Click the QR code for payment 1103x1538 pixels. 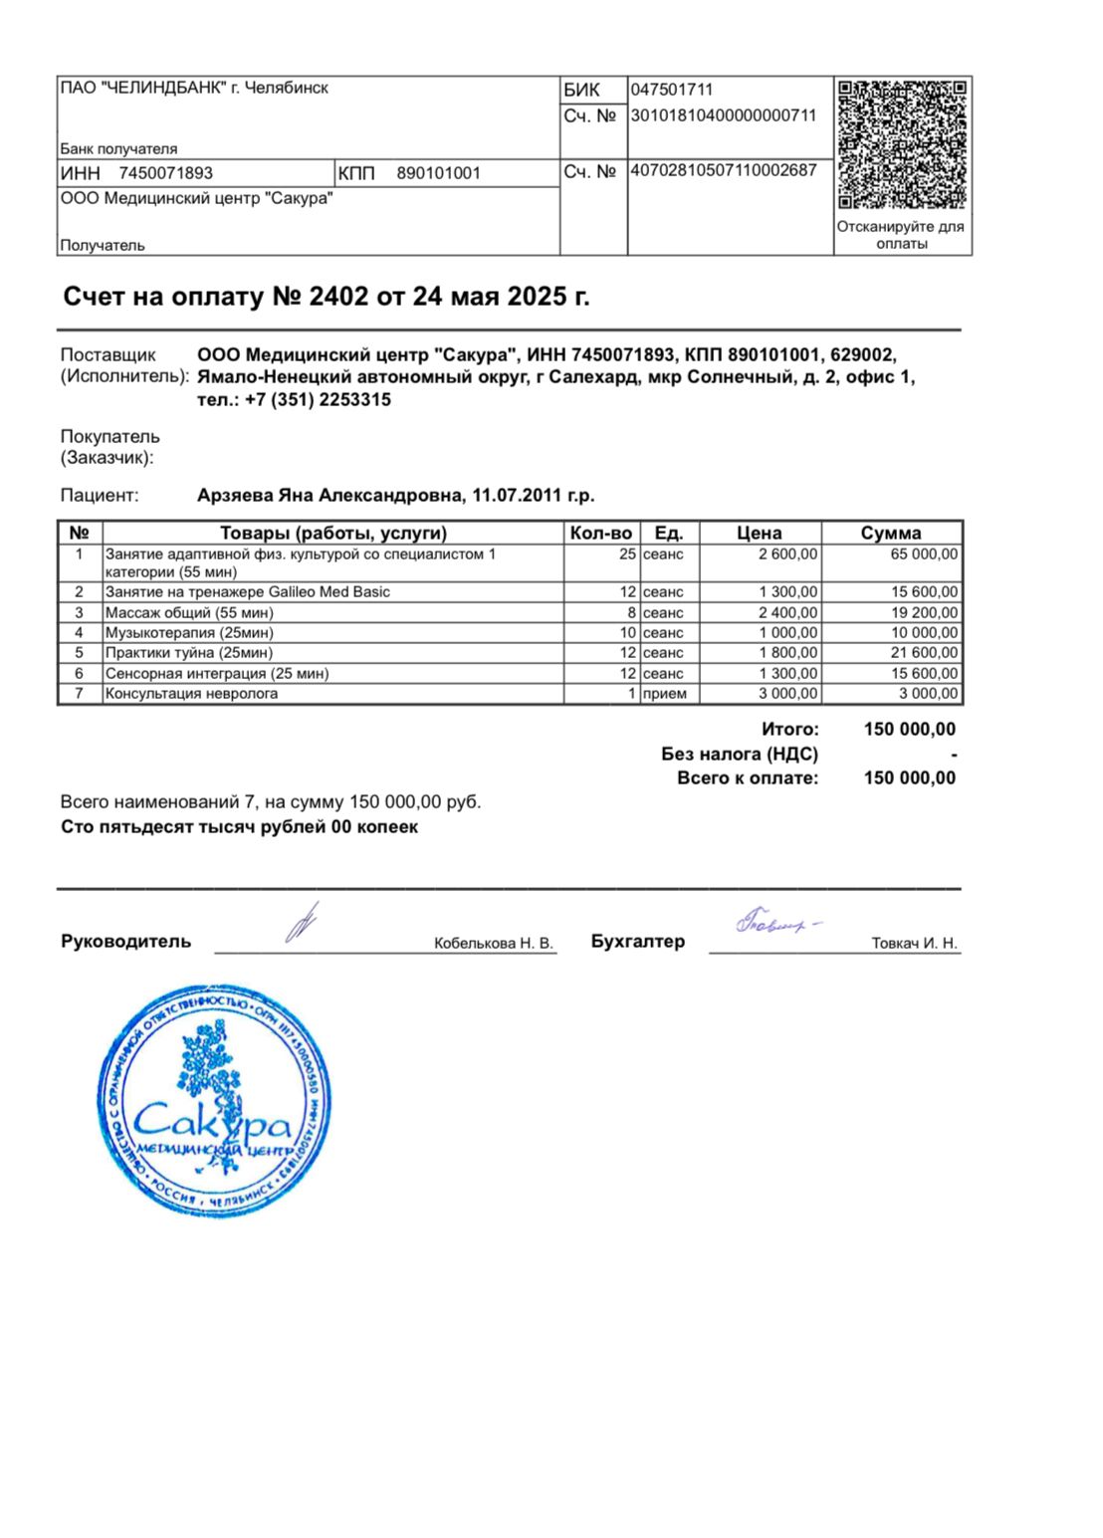[902, 143]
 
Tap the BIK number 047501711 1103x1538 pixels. [672, 90]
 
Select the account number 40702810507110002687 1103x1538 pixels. [724, 170]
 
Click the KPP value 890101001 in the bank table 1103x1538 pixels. [438, 173]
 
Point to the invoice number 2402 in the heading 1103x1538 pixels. [339, 297]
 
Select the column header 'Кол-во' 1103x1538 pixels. [601, 533]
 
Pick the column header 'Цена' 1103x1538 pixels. [760, 533]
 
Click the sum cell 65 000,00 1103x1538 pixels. [925, 554]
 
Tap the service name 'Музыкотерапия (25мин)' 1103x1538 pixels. [189, 633]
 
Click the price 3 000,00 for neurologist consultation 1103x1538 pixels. [788, 694]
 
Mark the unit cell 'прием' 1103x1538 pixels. [665, 694]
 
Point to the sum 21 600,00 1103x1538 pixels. [925, 653]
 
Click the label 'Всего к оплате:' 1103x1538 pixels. [748, 778]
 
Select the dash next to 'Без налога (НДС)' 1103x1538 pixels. [954, 755]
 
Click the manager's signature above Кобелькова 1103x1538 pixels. [302, 923]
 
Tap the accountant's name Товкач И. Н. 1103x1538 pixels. [914, 943]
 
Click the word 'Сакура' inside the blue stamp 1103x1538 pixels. [211, 1122]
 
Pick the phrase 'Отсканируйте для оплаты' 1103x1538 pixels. [901, 235]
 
